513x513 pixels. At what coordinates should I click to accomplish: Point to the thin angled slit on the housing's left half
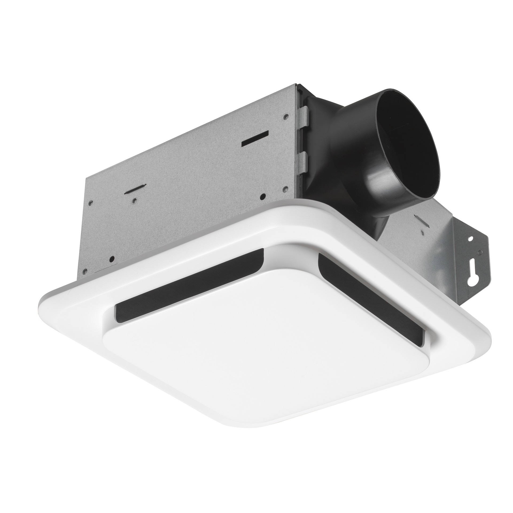(x=136, y=189)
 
